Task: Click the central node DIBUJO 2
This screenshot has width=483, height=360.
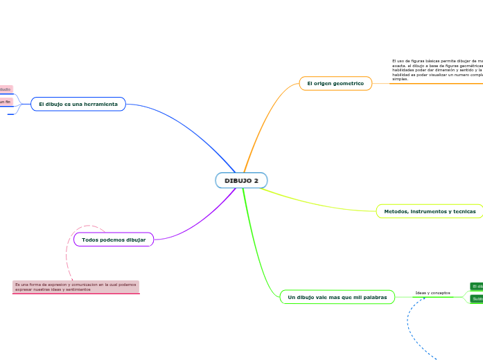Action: coord(241,181)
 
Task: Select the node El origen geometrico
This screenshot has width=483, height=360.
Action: coord(335,83)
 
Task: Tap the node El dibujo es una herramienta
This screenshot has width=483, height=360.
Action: coord(78,104)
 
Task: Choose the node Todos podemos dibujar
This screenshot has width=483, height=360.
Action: coord(114,240)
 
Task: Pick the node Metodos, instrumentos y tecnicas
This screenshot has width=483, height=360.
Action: coord(430,211)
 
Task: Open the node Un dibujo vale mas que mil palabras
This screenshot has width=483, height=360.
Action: coord(337,297)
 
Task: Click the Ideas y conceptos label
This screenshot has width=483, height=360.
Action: coord(432,293)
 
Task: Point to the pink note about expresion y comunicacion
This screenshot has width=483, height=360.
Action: coord(76,287)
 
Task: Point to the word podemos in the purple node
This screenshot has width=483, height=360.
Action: coord(114,240)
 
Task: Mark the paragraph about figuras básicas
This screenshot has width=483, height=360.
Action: coord(437,70)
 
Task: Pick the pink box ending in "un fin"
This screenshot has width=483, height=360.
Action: coord(6,102)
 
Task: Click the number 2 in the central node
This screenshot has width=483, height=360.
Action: coord(256,181)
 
